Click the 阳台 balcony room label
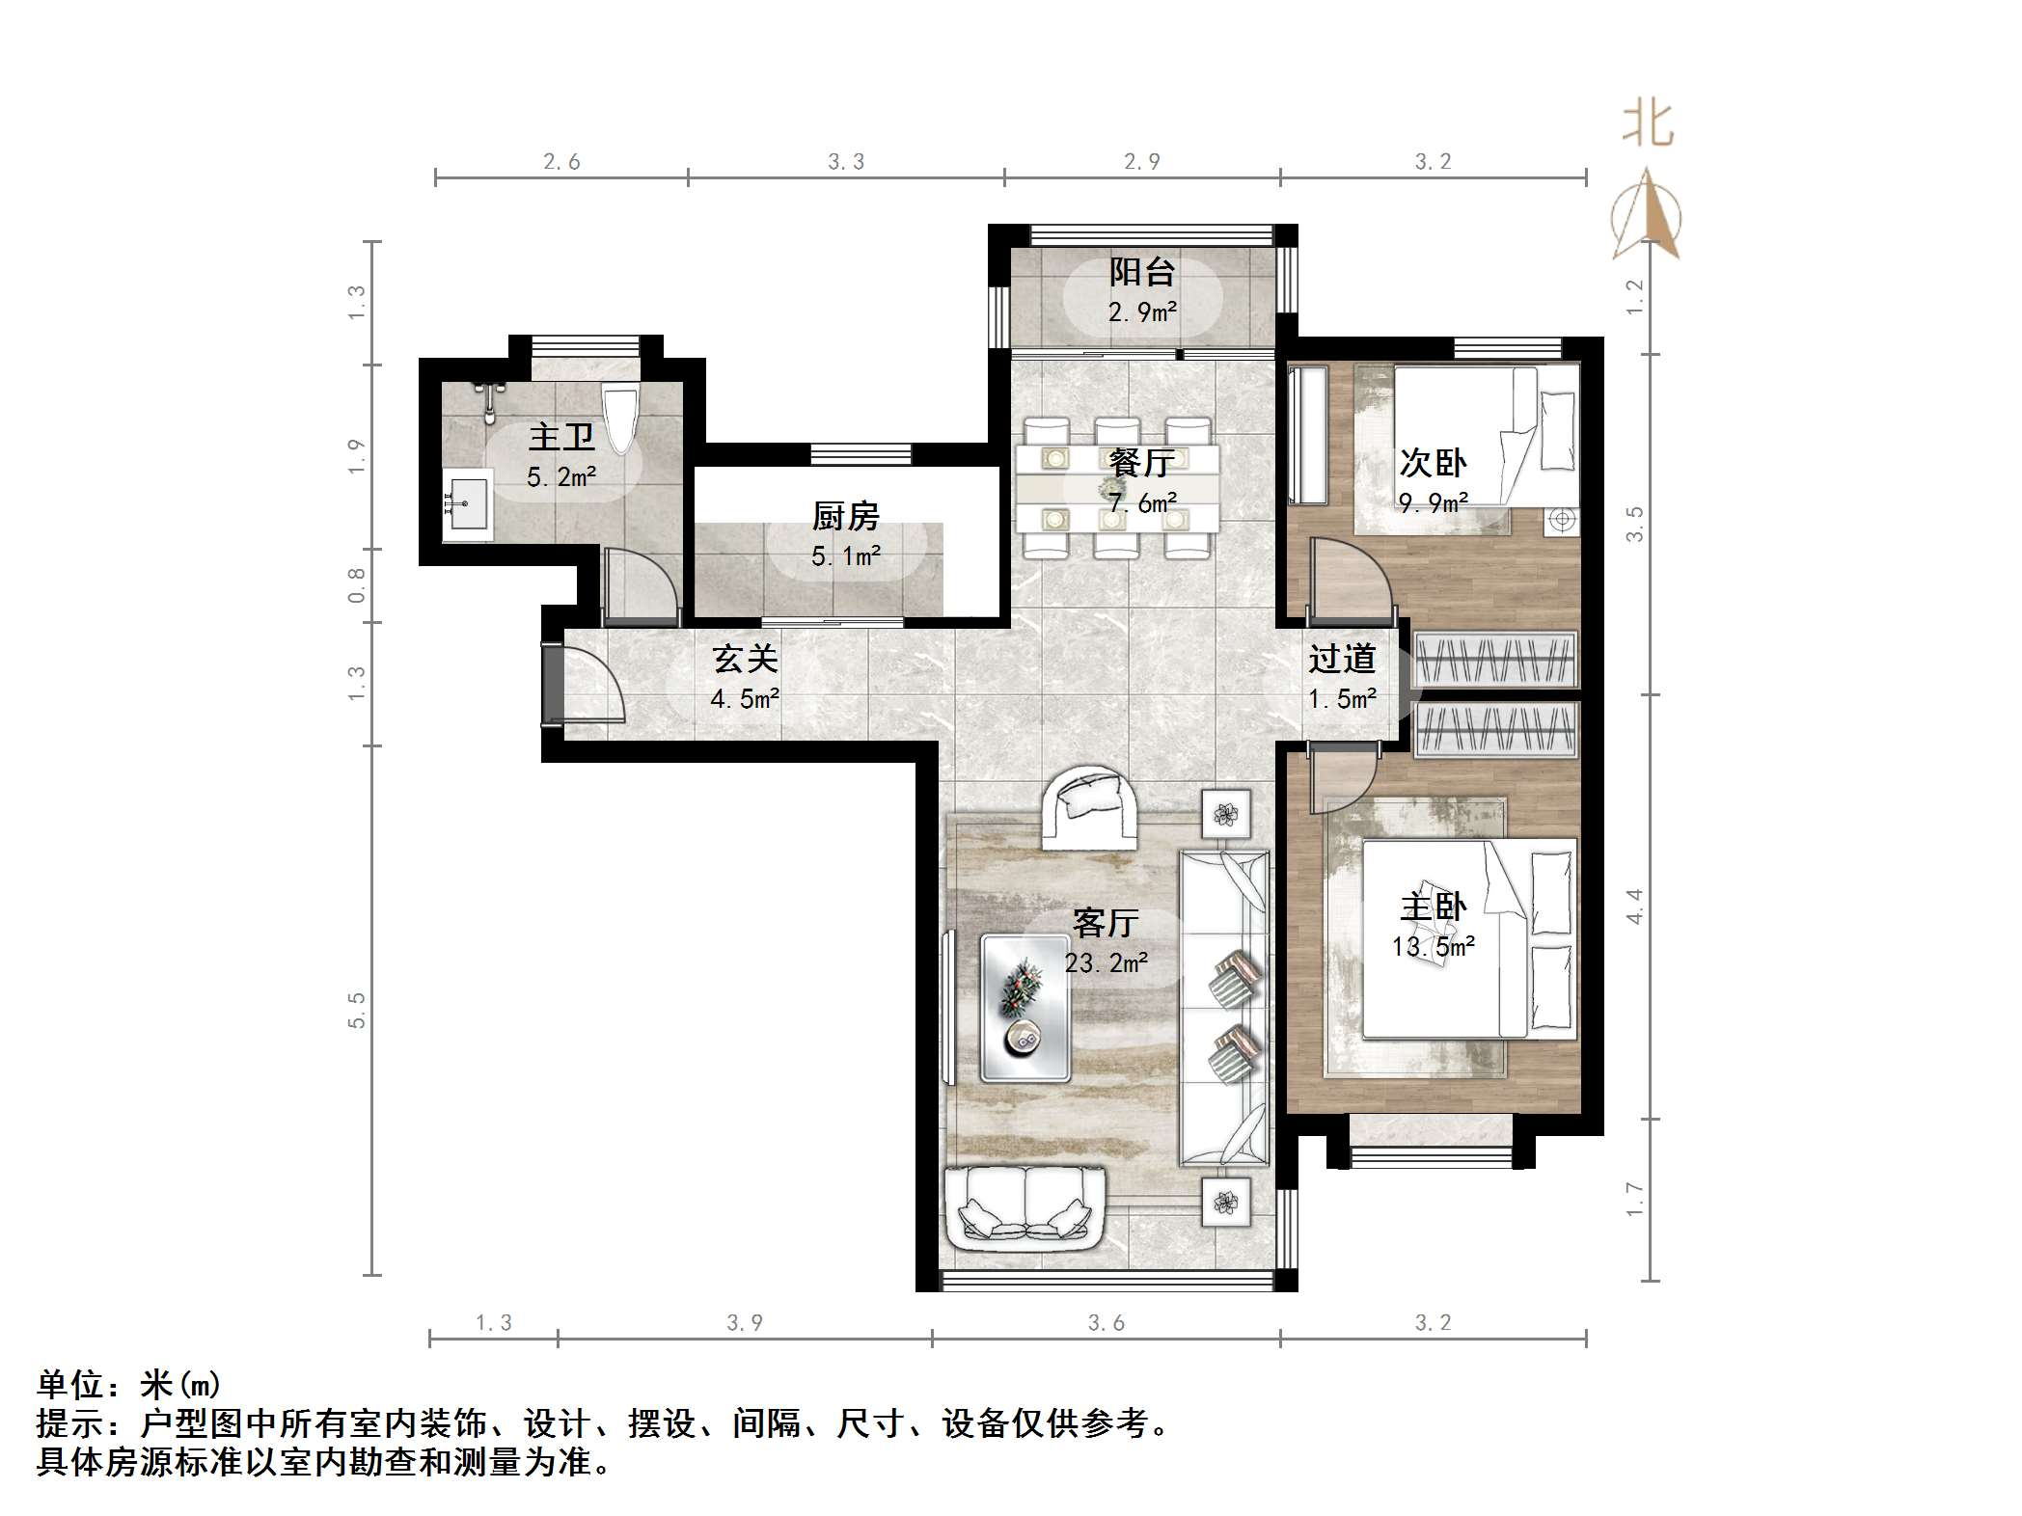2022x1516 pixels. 1141,273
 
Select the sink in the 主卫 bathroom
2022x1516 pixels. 468,504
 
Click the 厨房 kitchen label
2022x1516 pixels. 845,518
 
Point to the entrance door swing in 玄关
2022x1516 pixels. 591,687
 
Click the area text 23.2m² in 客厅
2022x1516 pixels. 1106,962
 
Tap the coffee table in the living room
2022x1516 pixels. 1025,1007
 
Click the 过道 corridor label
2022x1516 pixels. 1342,660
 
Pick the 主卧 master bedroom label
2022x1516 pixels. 1434,907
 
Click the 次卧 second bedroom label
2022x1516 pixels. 1434,464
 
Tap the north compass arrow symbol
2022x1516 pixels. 1647,217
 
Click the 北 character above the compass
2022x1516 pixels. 1648,126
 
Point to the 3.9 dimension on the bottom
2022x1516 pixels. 745,1323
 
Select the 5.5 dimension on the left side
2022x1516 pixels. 357,1010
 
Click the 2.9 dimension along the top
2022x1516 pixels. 1141,162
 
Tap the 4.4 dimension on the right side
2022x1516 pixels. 1634,907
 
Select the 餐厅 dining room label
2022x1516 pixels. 1141,464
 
